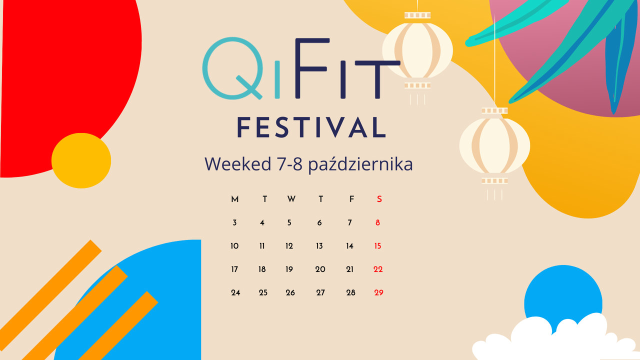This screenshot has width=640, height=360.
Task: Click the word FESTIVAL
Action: point(311,127)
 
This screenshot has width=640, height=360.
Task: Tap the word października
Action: point(360,164)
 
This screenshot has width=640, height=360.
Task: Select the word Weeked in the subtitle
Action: point(237,164)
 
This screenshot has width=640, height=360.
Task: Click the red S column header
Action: point(379,199)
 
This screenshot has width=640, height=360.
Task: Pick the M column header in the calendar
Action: point(235,199)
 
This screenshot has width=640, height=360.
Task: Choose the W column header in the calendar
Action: point(291,199)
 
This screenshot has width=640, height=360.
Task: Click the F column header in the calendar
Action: point(351,199)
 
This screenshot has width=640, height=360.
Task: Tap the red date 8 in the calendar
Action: point(377,222)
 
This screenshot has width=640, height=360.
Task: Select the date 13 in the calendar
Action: point(319,246)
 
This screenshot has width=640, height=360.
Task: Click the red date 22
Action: point(378,269)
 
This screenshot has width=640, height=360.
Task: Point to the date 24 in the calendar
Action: point(235,292)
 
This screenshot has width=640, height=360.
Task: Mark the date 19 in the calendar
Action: point(289,269)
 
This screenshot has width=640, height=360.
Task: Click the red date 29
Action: point(378,292)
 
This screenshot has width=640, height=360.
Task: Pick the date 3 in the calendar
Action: point(234,222)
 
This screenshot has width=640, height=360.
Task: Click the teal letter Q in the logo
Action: point(233,68)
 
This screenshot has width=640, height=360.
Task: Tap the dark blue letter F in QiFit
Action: point(312,68)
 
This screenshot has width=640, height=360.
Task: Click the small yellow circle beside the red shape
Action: point(81,160)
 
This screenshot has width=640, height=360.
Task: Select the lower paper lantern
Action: point(494,145)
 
